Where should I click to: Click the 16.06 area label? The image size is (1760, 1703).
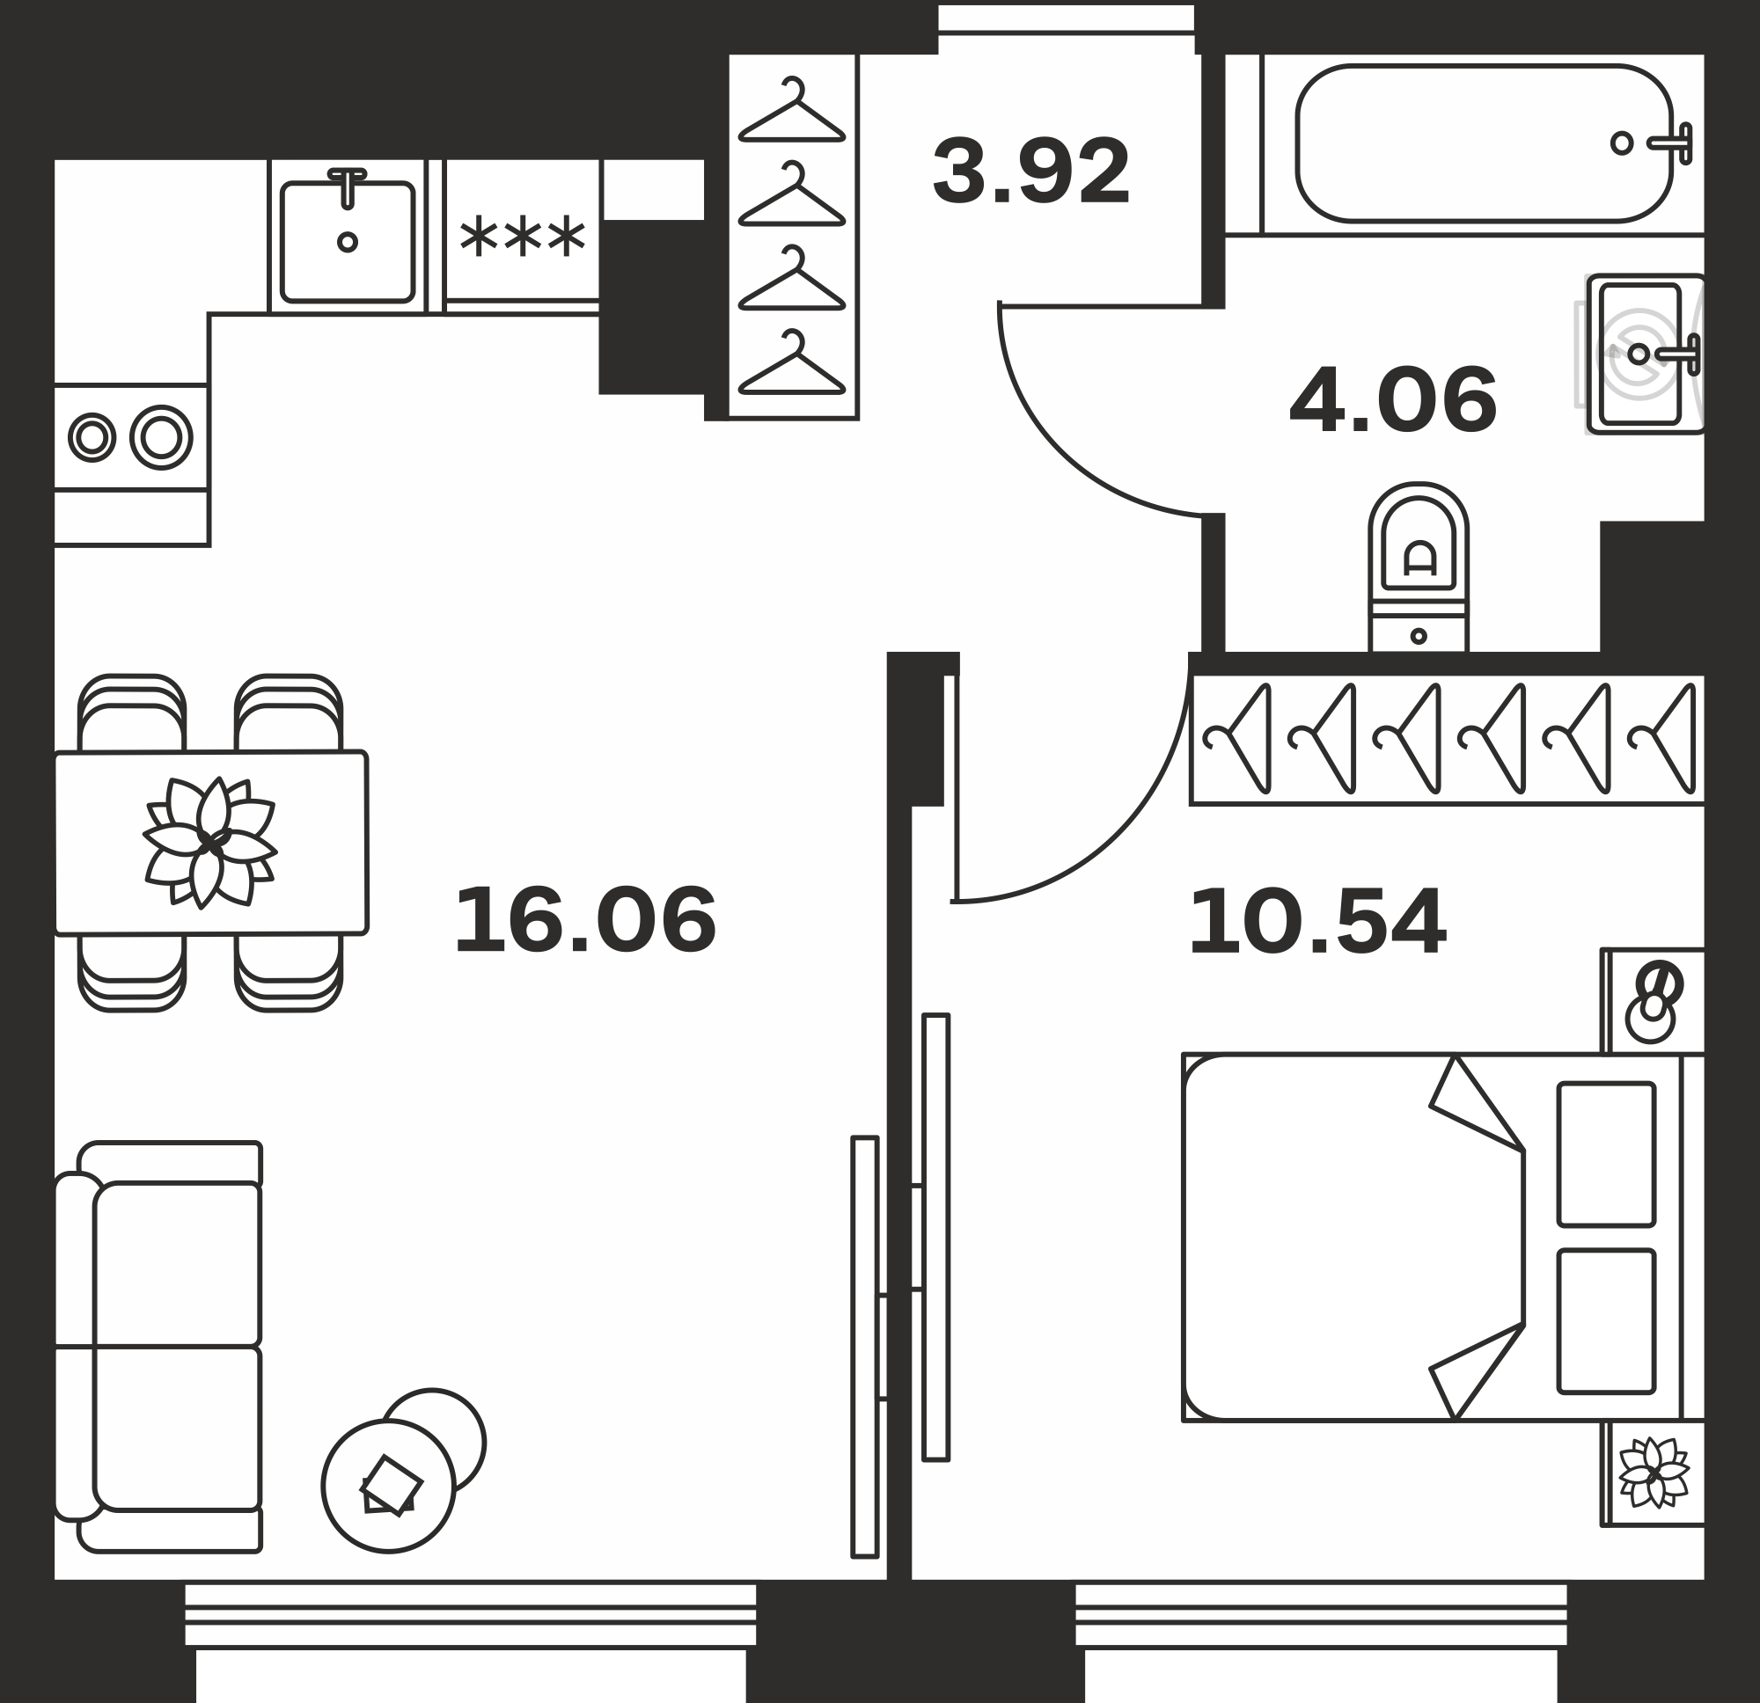tap(585, 919)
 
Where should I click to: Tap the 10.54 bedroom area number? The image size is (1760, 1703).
tap(1317, 921)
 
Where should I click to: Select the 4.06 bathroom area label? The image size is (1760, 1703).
tap(1393, 400)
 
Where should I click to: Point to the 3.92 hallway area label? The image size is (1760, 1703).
tap(1030, 172)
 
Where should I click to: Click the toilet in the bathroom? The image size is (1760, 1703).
tap(1419, 567)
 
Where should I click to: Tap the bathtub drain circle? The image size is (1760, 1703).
tap(1622, 143)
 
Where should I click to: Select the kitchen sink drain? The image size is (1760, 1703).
tap(348, 242)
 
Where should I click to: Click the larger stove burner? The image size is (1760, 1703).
tap(162, 438)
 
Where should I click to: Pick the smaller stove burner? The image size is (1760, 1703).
tap(92, 438)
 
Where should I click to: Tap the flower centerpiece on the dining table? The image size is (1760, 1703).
tap(210, 842)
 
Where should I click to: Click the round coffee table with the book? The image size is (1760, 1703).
tap(389, 1487)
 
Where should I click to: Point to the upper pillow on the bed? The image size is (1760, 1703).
tap(1607, 1154)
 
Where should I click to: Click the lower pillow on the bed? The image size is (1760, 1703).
tap(1607, 1320)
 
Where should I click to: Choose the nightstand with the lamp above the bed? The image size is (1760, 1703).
tap(1654, 1001)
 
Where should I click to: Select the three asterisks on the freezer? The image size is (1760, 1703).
tap(523, 236)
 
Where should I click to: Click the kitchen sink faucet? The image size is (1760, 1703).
tap(348, 187)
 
